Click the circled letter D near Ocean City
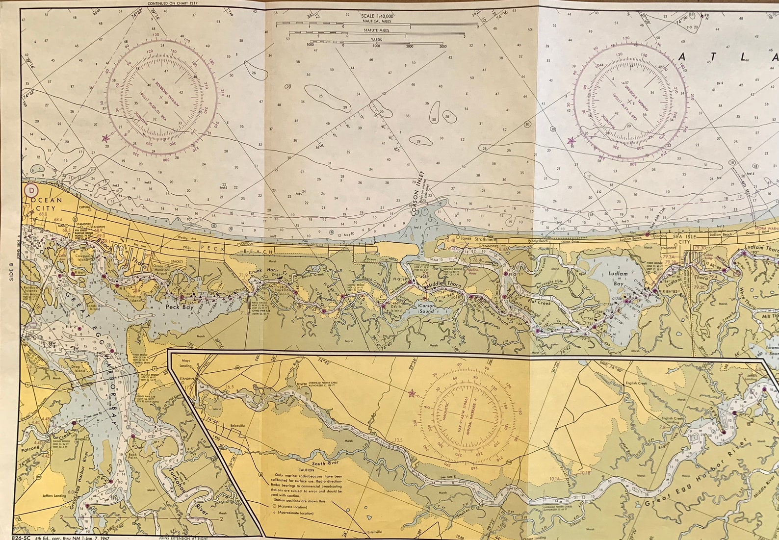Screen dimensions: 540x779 point(32,190)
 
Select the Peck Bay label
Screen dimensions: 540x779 point(180,307)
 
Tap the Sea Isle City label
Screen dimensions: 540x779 point(684,239)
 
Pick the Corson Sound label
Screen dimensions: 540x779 point(426,308)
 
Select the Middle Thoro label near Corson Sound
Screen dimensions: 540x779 point(443,284)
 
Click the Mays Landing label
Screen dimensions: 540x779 point(185,363)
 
